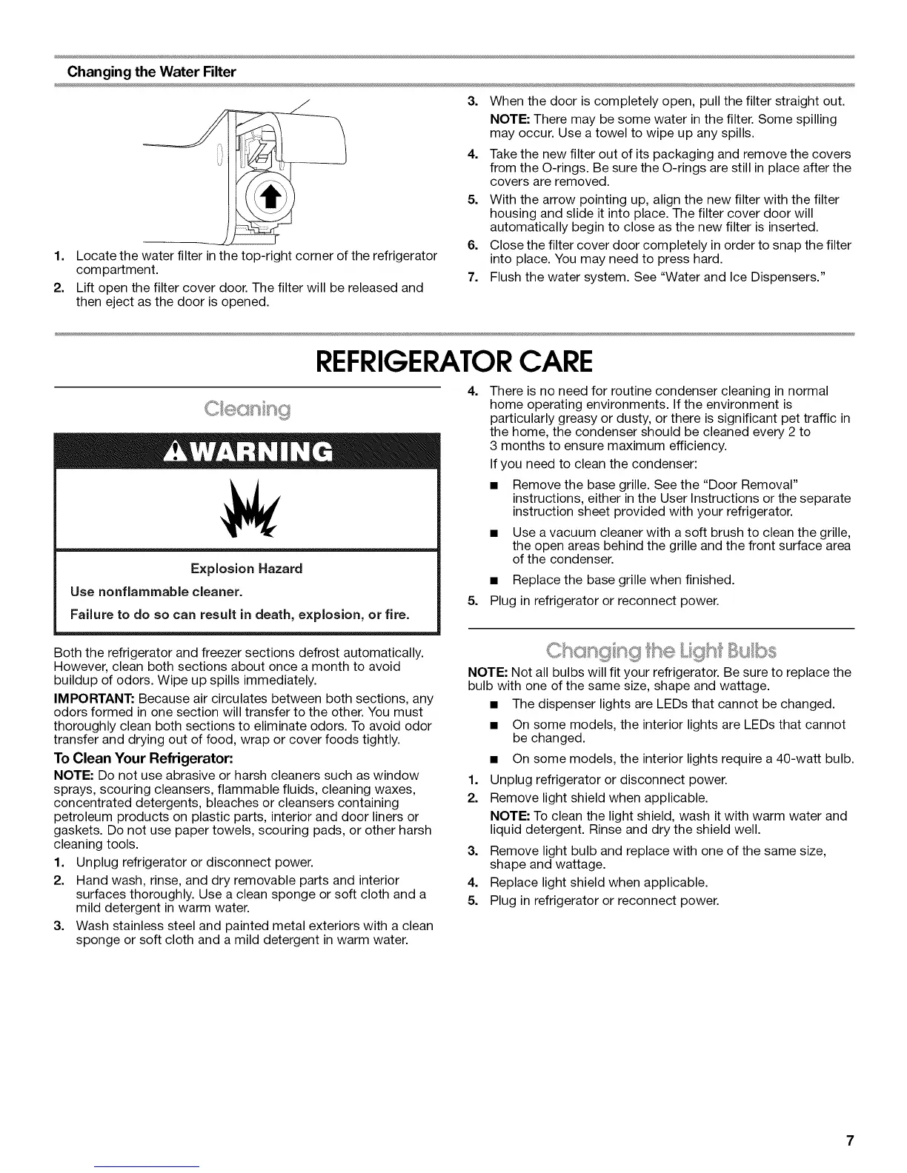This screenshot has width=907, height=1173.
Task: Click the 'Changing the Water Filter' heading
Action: tap(151, 72)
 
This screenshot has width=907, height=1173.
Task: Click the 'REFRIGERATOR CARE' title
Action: tap(453, 362)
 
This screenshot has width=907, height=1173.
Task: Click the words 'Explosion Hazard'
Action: tap(247, 569)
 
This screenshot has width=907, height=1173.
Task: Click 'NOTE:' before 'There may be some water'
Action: tap(511, 119)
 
